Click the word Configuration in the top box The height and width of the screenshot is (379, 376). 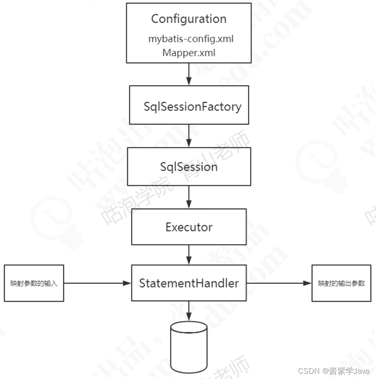[x=189, y=19]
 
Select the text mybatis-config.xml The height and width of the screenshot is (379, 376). [x=191, y=39]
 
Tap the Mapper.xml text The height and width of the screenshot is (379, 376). [x=189, y=53]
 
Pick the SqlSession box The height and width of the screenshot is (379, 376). [x=189, y=166]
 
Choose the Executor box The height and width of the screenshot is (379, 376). [x=189, y=227]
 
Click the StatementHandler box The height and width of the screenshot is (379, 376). [x=189, y=283]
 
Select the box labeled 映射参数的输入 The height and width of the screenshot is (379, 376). [x=34, y=283]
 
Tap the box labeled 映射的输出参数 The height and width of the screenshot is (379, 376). [x=341, y=283]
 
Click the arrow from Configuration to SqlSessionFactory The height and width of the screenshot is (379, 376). [x=189, y=74]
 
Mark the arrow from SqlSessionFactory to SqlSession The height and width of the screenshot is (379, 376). [x=189, y=136]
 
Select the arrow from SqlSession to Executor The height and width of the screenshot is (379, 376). [x=189, y=198]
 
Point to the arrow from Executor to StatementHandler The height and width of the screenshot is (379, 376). [x=189, y=254]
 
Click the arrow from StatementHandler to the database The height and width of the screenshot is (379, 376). [x=189, y=311]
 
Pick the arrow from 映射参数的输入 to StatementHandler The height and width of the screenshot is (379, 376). [x=97, y=283]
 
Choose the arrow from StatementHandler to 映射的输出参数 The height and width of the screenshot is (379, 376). [x=279, y=283]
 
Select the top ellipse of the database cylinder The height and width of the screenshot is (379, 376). [x=189, y=327]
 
